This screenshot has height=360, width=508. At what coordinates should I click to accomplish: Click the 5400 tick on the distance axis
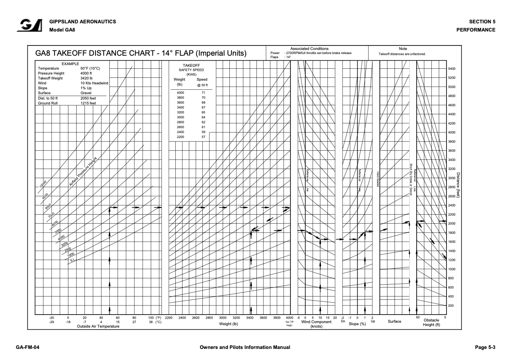point(451,69)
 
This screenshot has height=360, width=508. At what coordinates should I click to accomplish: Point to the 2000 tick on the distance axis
point(451,224)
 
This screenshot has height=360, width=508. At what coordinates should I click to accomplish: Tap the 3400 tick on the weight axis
point(250,317)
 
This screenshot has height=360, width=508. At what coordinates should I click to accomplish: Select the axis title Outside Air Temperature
point(98,326)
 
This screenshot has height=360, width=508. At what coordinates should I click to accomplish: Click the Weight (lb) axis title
point(229,324)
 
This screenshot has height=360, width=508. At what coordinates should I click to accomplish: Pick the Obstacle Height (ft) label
point(431,322)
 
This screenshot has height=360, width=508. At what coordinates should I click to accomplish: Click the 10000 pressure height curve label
point(43,183)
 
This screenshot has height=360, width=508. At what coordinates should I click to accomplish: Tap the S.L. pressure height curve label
point(72,260)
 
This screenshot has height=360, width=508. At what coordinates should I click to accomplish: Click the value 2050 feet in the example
point(88,98)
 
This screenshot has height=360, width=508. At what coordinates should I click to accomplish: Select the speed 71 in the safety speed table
point(203,93)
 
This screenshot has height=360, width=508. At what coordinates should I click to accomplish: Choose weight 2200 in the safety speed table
point(180,137)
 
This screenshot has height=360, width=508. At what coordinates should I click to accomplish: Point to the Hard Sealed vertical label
point(378,179)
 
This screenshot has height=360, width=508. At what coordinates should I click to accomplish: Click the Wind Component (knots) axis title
point(316,324)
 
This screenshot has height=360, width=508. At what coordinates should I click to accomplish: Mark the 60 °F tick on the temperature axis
point(118,317)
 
